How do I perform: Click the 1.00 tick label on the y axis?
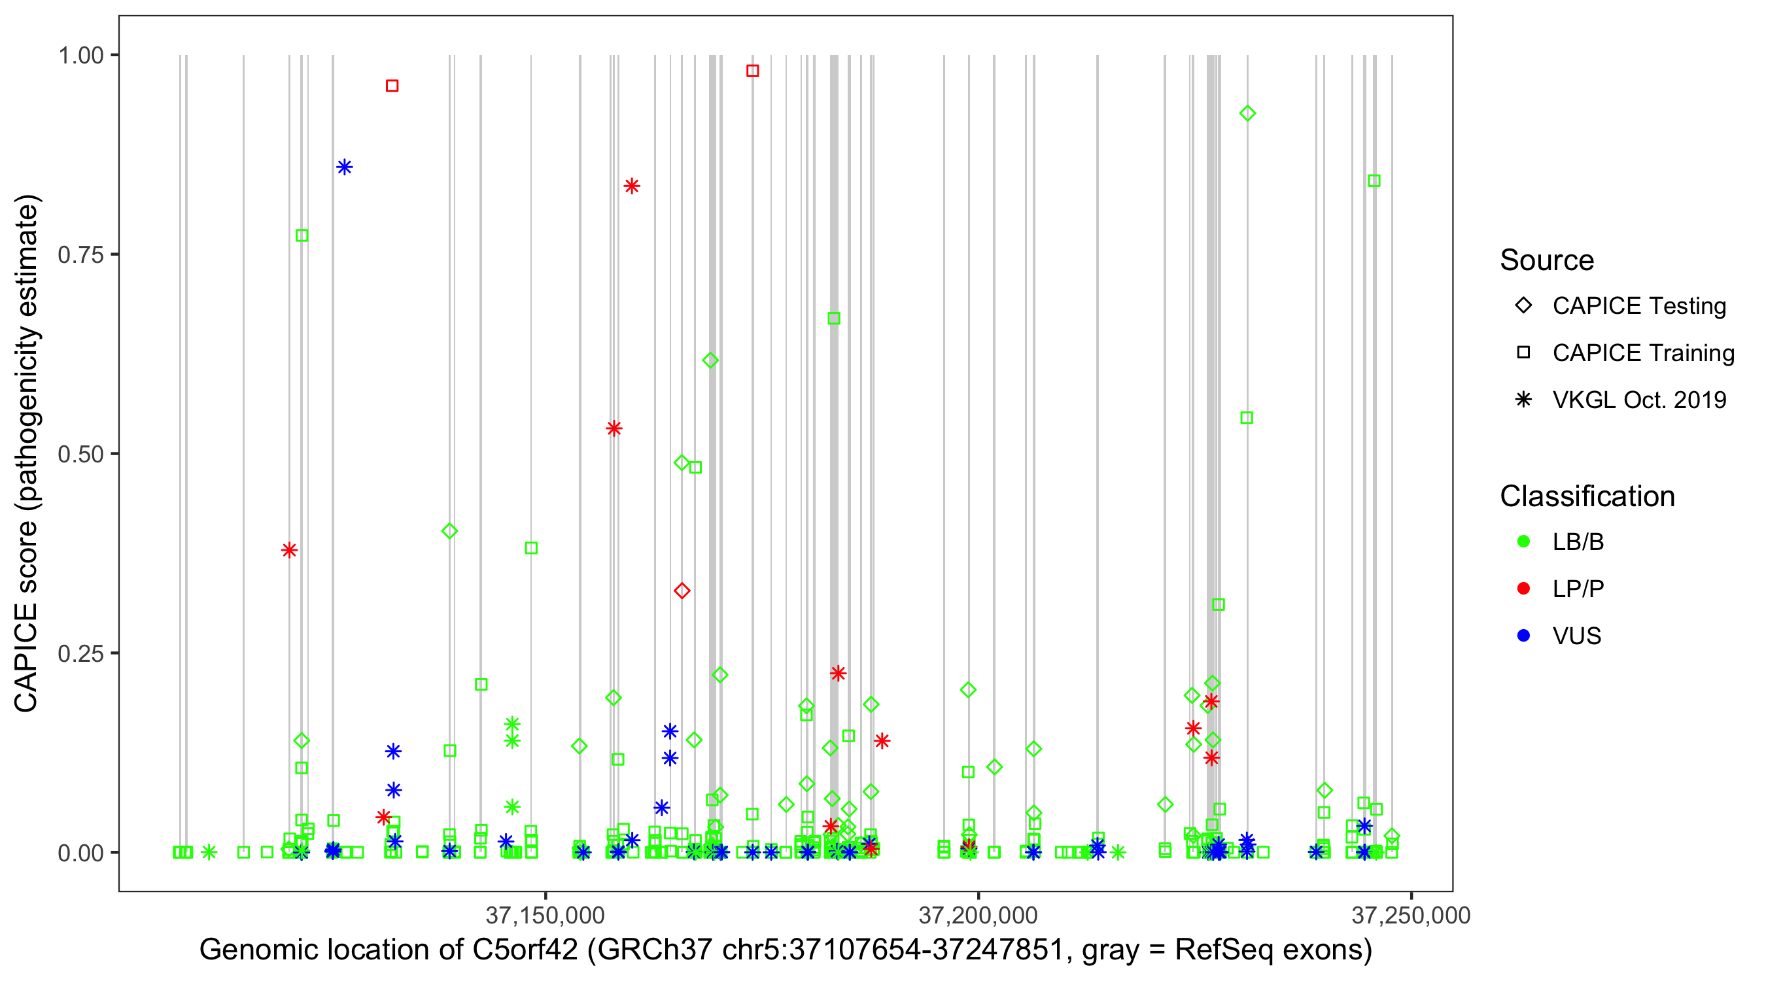click(80, 55)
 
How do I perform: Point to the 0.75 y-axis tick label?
click(80, 254)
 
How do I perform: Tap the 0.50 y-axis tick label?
click(80, 454)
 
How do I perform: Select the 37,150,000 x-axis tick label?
click(545, 915)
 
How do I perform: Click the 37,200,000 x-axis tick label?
click(978, 915)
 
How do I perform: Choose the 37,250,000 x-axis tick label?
click(1411, 915)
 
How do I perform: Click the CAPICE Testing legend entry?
click(1638, 306)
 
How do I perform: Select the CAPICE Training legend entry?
click(1642, 353)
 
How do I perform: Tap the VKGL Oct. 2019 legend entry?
click(1638, 400)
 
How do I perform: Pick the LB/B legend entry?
click(1578, 542)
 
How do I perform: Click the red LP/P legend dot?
click(1524, 589)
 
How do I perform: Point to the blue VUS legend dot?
click(1524, 636)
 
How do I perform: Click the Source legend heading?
click(1547, 260)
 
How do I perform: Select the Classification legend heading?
click(1587, 496)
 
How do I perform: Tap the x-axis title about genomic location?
click(786, 950)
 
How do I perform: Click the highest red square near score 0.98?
click(752, 71)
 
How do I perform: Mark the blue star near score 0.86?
click(344, 167)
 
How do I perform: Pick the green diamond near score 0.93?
click(1247, 113)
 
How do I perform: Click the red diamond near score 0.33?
click(682, 591)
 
